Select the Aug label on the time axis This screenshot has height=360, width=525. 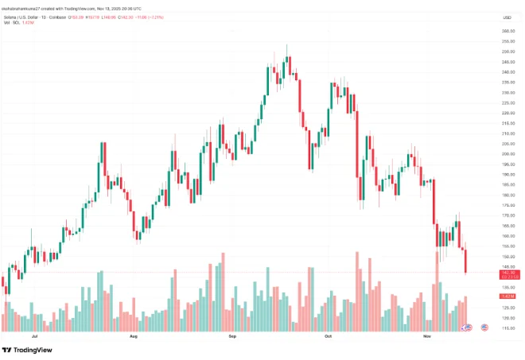tap(133, 337)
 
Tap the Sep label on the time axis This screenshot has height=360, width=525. tap(232, 337)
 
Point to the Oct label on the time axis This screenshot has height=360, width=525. tap(328, 337)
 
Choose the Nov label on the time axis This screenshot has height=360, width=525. tap(427, 337)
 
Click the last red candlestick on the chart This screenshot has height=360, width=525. tap(465, 261)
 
